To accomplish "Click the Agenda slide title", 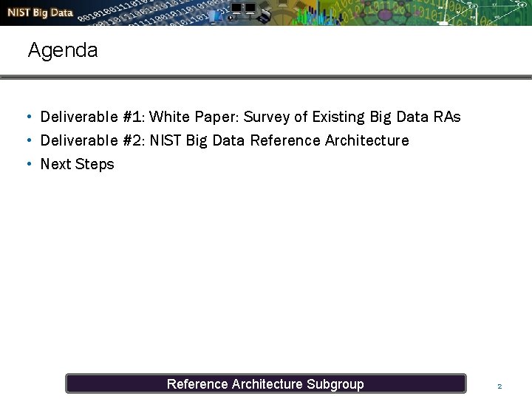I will pos(63,50).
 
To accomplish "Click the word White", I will pos(169,117).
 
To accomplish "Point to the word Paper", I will pos(215,117).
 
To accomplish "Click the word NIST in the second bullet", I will pos(166,140).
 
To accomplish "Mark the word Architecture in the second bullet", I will pos(366,140).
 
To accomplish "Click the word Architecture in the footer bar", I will pos(267,383).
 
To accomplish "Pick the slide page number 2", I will pos(499,386).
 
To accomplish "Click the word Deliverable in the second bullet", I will pos(79,140).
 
